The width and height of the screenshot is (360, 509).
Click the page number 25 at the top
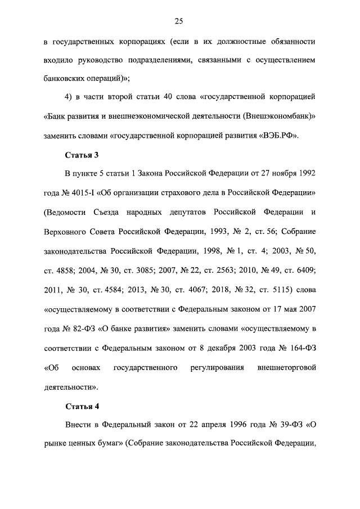tap(179, 21)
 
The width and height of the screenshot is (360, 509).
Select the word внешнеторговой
tap(286, 368)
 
